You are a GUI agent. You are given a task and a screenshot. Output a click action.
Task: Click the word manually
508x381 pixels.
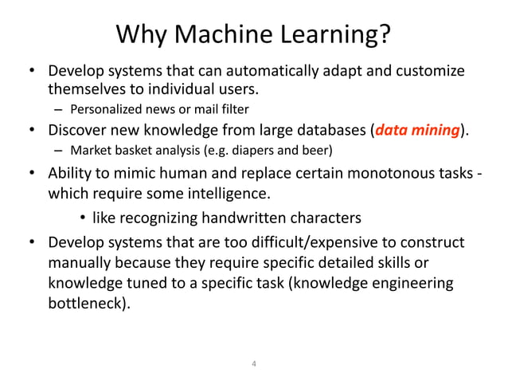tap(81, 262)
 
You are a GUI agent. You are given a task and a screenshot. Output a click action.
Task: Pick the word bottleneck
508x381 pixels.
tap(86, 304)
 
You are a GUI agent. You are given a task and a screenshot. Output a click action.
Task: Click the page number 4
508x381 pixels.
tap(254, 365)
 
